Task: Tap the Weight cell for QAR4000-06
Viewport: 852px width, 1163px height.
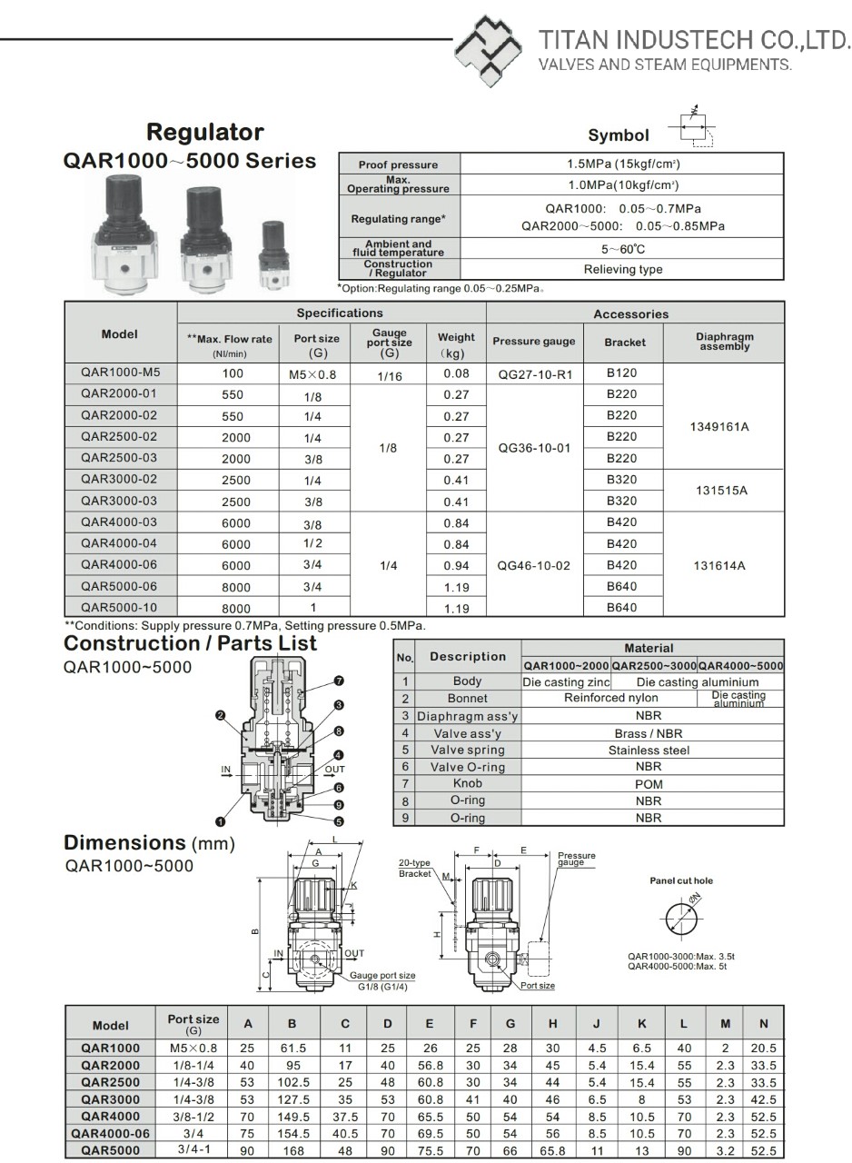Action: pyautogui.click(x=456, y=565)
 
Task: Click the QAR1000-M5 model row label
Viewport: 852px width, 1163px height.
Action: pyautogui.click(x=120, y=373)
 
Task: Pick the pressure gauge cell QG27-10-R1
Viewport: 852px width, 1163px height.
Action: pyautogui.click(x=534, y=373)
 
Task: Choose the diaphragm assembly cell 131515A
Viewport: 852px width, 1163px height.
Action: pyautogui.click(x=721, y=491)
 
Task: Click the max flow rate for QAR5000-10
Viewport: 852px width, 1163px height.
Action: pyautogui.click(x=235, y=609)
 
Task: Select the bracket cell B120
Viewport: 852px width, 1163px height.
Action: pyautogui.click(x=621, y=373)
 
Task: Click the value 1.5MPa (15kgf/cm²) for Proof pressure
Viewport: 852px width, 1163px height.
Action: pyautogui.click(x=622, y=164)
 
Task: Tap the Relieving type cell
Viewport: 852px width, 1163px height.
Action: pyautogui.click(x=622, y=269)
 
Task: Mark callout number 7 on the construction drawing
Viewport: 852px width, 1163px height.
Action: pyautogui.click(x=338, y=681)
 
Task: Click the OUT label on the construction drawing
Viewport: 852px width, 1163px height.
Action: pyautogui.click(x=334, y=770)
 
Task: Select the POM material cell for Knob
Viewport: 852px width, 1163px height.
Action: pyautogui.click(x=649, y=784)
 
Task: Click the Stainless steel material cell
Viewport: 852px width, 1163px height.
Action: pyautogui.click(x=649, y=750)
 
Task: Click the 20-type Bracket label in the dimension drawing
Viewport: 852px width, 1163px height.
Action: pyautogui.click(x=415, y=868)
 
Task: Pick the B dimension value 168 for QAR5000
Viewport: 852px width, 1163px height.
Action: pyautogui.click(x=292, y=1150)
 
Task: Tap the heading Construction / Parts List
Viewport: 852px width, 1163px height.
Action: pyautogui.click(x=190, y=643)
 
